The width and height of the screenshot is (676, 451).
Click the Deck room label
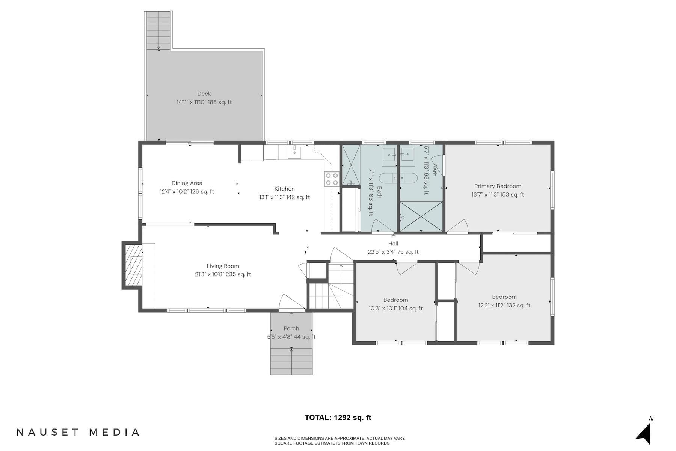pyautogui.click(x=204, y=94)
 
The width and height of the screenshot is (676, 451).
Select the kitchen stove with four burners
pyautogui.click(x=332, y=179)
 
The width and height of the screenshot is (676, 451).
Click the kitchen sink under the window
pyautogui.click(x=295, y=152)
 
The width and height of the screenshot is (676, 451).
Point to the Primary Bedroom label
pyautogui.click(x=498, y=186)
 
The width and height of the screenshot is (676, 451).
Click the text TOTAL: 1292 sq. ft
pyautogui.click(x=338, y=418)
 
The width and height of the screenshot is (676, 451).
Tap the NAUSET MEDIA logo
pyautogui.click(x=78, y=432)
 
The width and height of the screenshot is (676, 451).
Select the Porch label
pyautogui.click(x=291, y=328)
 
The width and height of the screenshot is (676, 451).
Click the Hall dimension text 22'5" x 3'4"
pyautogui.click(x=393, y=252)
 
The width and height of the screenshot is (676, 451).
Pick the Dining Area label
pyautogui.click(x=187, y=183)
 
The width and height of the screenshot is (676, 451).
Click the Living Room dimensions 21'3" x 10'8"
pyautogui.click(x=223, y=274)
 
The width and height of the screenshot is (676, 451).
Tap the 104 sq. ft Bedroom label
pyautogui.click(x=395, y=304)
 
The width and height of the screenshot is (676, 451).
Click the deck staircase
pyautogui.click(x=158, y=30)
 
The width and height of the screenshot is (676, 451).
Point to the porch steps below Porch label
pyautogui.click(x=292, y=361)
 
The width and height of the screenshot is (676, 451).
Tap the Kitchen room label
pyautogui.click(x=284, y=189)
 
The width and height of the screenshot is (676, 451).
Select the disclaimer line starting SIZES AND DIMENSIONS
pyautogui.click(x=340, y=438)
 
